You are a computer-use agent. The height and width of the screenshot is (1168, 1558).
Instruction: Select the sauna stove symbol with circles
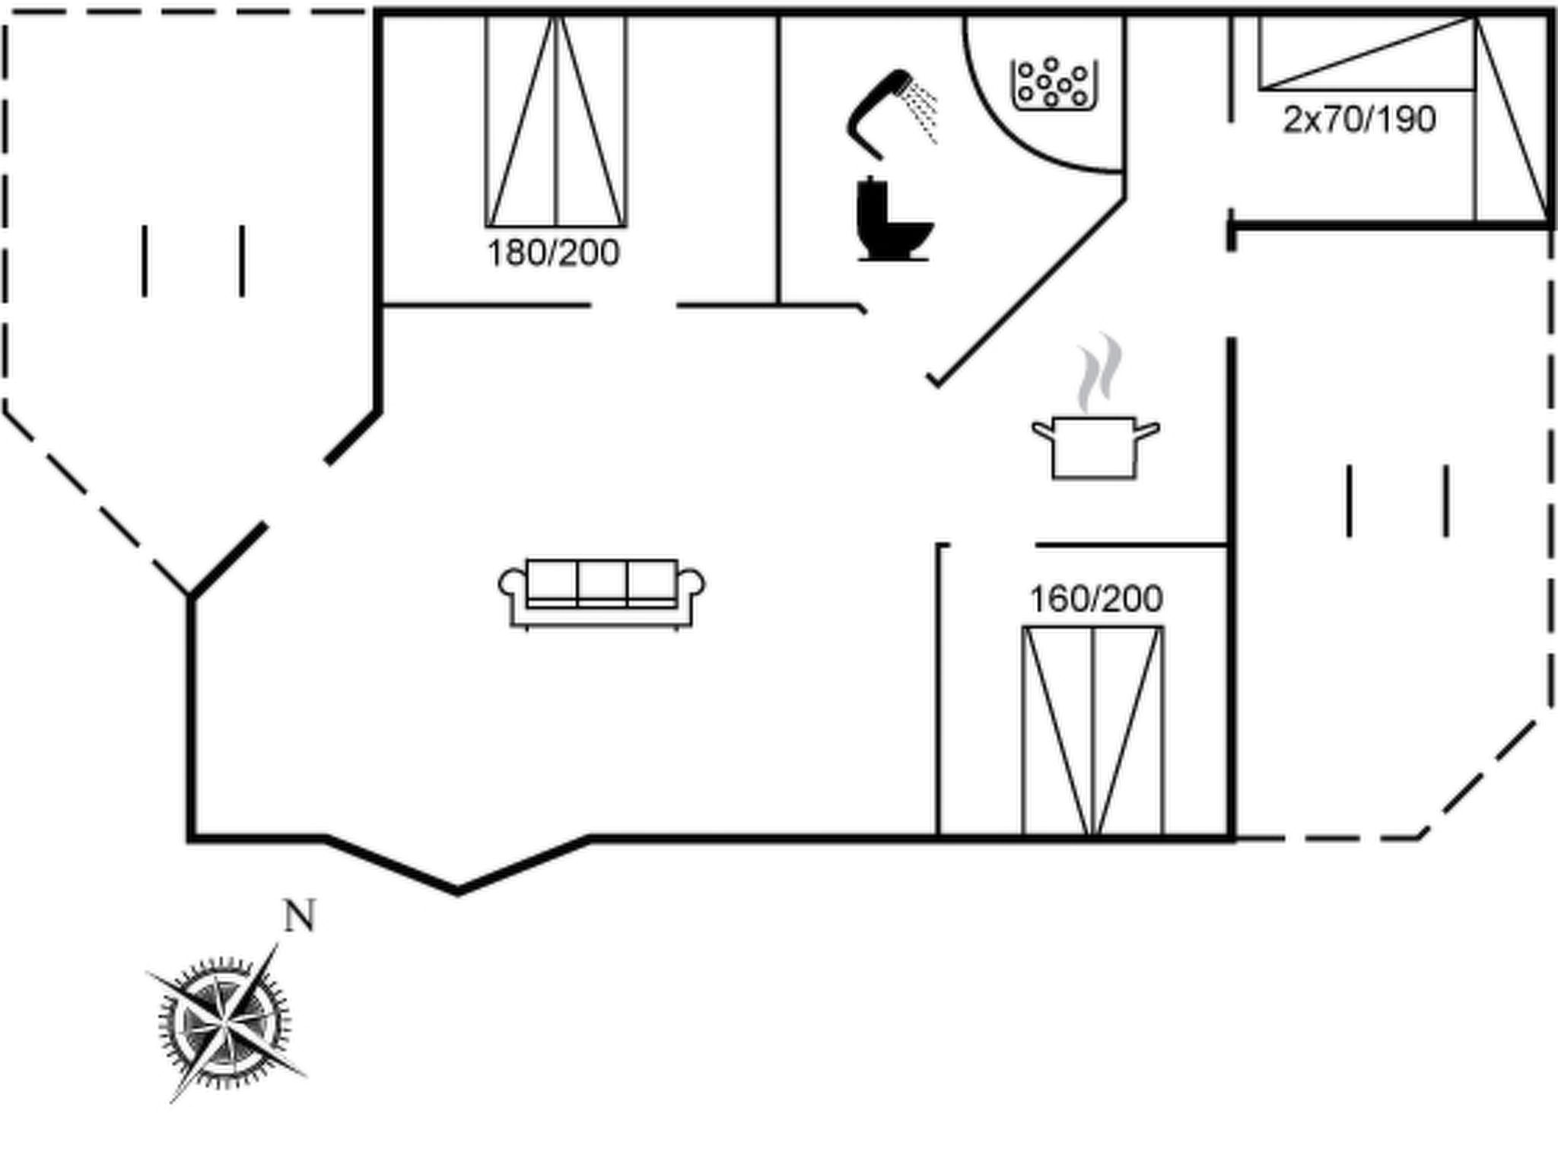[1054, 84]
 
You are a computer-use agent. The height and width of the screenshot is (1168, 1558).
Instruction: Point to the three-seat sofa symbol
[601, 594]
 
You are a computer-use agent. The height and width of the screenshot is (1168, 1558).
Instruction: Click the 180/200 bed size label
[553, 253]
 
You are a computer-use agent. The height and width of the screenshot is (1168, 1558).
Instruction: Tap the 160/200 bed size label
[1095, 599]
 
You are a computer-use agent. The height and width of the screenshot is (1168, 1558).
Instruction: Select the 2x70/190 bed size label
[1359, 120]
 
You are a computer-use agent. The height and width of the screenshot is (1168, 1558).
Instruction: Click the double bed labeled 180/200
[556, 121]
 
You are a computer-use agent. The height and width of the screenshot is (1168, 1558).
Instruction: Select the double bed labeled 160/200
[1093, 732]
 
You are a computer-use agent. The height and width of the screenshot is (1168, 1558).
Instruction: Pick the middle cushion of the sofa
[602, 583]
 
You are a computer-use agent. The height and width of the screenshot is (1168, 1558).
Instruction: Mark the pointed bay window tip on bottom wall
[457, 891]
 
